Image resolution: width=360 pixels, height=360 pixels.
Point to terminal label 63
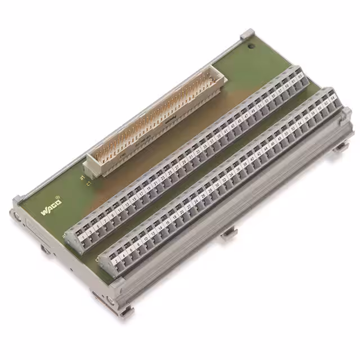point(300,75)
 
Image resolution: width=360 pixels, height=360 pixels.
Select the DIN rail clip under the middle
point(228,233)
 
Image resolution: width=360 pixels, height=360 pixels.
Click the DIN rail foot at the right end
point(341,147)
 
